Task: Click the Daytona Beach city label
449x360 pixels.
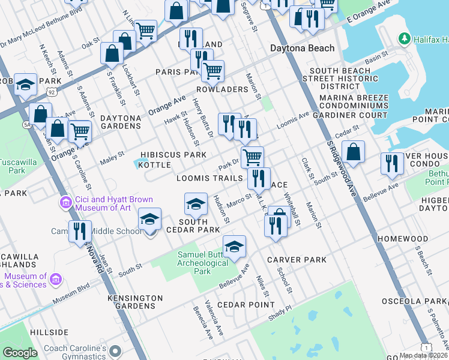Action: tap(298, 48)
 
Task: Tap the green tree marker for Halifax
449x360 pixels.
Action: tap(405, 39)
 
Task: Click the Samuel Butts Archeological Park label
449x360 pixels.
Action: tap(202, 263)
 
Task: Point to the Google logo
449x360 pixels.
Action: tap(20, 353)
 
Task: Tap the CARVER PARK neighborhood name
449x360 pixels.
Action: tap(297, 260)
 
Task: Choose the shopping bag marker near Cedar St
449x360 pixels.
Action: tap(354, 154)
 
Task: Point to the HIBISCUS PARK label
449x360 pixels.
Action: tap(173, 155)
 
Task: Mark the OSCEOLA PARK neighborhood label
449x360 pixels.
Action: tap(420, 301)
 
